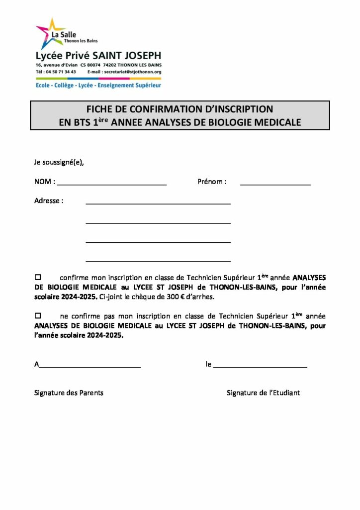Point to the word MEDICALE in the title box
[278, 122]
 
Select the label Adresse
[49, 201]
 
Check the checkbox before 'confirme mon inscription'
[38, 277]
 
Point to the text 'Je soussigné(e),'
[59, 162]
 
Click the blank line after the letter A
[90, 367]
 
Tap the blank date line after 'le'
[260, 367]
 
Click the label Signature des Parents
[69, 393]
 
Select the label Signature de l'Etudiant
[263, 393]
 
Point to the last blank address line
[158, 261]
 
